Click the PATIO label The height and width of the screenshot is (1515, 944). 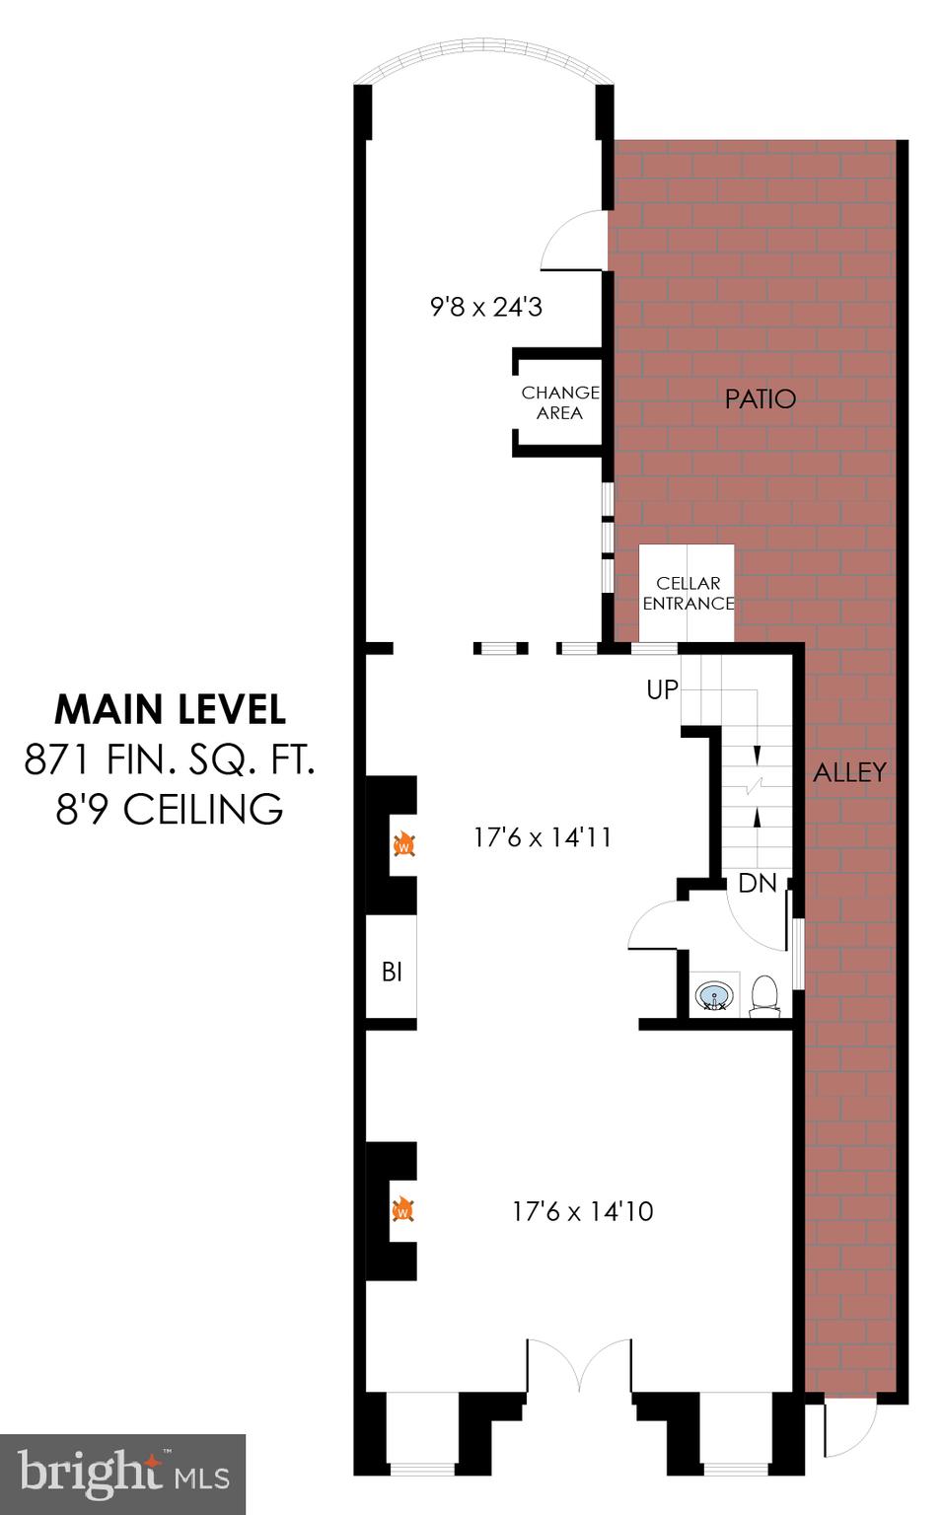760,398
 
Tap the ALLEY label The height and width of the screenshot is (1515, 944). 849,772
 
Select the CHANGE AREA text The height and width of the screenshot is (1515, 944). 559,402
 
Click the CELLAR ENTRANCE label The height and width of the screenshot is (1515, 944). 688,593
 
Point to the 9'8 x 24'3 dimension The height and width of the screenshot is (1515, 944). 486,307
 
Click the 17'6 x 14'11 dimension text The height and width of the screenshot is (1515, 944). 543,837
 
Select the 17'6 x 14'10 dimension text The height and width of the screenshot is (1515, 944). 582,1211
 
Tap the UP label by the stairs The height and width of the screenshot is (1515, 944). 662,689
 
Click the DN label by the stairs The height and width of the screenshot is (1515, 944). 757,883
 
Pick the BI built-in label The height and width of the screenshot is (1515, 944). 392,973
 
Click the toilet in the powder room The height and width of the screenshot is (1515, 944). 764,994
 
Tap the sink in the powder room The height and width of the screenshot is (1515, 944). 715,995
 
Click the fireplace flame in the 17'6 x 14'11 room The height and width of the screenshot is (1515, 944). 403,844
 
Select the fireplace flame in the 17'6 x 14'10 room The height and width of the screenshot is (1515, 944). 402,1209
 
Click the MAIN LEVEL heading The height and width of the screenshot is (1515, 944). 170,709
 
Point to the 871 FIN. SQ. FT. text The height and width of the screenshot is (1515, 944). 170,759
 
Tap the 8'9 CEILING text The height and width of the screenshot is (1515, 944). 170,810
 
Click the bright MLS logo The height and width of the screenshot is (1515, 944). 122,1474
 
